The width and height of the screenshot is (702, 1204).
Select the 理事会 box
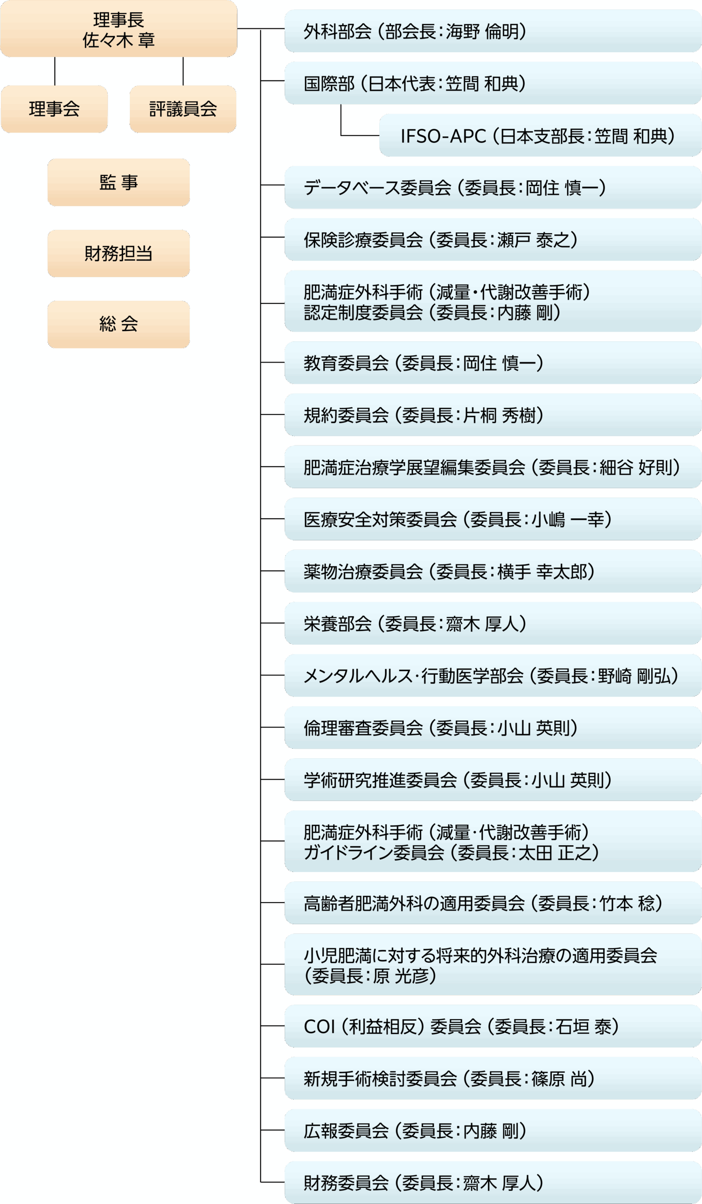(x=54, y=109)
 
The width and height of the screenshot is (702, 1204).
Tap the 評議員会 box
(x=183, y=109)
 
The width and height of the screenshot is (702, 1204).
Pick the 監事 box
(x=119, y=182)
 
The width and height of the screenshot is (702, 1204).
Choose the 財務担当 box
(x=119, y=253)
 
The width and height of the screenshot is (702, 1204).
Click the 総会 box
(x=119, y=325)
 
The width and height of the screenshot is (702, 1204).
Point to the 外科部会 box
(x=492, y=32)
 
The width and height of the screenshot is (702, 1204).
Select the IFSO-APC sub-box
(x=540, y=136)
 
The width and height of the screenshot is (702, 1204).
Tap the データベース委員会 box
(x=492, y=188)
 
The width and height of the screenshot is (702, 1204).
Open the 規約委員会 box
(x=492, y=415)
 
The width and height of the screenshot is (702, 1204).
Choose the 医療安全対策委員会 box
(x=492, y=519)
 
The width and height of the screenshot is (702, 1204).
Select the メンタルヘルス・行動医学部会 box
(x=492, y=675)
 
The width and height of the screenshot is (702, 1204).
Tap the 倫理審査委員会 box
(x=492, y=728)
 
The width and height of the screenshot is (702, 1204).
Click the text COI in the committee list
(x=319, y=1027)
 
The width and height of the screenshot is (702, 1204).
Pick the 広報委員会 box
(x=492, y=1131)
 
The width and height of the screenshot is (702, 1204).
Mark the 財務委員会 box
(x=492, y=1182)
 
